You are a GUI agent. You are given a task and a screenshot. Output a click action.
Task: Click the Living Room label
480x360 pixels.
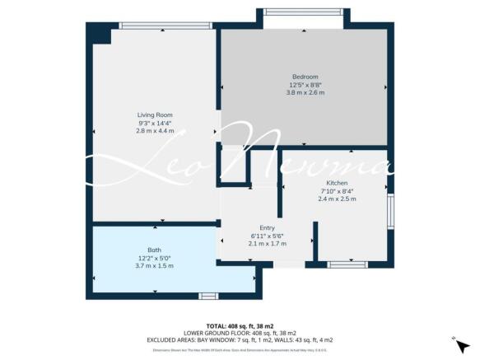(155, 115)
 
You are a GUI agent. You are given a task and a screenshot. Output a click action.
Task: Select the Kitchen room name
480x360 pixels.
(337, 182)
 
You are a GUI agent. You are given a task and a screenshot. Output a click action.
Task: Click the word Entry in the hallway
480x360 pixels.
(267, 227)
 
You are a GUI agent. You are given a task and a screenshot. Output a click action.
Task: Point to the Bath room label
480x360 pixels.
(155, 250)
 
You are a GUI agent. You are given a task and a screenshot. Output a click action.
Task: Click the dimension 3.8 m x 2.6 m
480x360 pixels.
(305, 93)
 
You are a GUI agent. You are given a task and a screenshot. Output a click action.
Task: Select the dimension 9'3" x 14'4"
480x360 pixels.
(155, 123)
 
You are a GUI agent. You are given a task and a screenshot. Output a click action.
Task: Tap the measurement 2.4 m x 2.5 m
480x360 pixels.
(337, 199)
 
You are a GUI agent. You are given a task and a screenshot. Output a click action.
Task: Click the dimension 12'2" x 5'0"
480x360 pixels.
(155, 258)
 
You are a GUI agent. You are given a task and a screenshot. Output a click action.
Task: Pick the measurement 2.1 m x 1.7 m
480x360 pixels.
(267, 244)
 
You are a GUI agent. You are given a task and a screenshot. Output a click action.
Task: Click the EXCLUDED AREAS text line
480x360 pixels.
(240, 340)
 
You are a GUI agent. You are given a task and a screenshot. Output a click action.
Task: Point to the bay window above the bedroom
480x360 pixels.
(305, 12)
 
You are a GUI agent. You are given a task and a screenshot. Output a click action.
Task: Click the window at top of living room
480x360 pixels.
(156, 26)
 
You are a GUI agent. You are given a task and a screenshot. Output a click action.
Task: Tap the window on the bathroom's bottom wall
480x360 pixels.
(208, 295)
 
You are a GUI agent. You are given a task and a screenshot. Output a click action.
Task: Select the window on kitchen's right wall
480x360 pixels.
(389, 211)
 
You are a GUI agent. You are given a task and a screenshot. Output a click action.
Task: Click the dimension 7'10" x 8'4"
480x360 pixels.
(337, 190)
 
